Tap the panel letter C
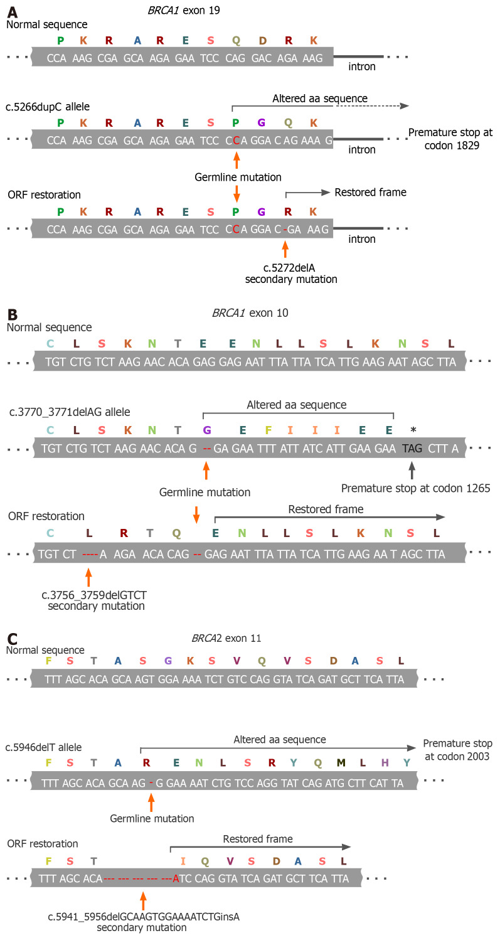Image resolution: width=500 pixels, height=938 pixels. pyautogui.click(x=12, y=639)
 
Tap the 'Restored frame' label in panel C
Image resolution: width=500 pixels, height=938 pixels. pyautogui.click(x=257, y=838)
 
